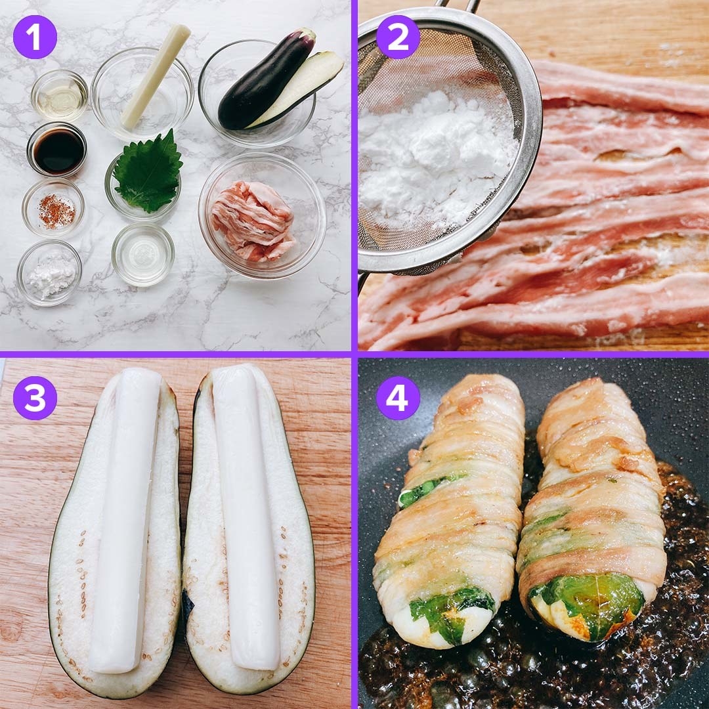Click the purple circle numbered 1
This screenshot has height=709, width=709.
pyautogui.click(x=35, y=37)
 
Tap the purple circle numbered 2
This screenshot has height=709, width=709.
pyautogui.click(x=398, y=37)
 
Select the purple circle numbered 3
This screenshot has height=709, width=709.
pyautogui.click(x=35, y=398)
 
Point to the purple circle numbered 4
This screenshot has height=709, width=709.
pyautogui.click(x=398, y=398)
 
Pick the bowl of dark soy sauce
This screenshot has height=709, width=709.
pyautogui.click(x=57, y=150)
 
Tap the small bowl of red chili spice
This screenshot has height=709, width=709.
pyautogui.click(x=53, y=209)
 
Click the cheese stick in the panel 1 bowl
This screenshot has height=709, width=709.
pyautogui.click(x=155, y=76)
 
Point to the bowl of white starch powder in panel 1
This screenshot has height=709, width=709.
pyautogui.click(x=49, y=272)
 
